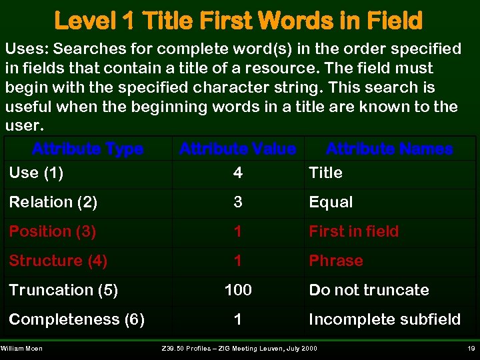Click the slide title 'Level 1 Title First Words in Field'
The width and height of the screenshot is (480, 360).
238,20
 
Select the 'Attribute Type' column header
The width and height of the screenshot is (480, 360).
87,149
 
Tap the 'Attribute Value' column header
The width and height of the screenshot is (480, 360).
237,149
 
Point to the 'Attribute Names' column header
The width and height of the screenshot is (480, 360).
389,149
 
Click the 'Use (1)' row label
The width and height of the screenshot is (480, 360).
36,173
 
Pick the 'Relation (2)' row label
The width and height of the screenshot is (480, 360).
53,202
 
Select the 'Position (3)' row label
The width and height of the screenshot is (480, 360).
52,231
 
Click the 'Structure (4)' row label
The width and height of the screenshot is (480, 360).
58,261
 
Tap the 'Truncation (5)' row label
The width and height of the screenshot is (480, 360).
63,290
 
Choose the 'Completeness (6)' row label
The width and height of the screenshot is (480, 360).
77,319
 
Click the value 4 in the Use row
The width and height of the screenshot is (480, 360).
238,173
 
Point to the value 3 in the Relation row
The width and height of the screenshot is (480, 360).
238,202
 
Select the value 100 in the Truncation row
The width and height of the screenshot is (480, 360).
238,290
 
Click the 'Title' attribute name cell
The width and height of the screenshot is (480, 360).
325,173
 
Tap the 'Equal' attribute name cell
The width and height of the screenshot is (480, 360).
331,202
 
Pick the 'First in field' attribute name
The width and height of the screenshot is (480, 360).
353,231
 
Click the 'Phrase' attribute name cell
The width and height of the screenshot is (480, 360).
335,261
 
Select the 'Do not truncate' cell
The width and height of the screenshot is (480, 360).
369,290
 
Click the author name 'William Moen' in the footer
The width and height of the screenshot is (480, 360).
21,349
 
